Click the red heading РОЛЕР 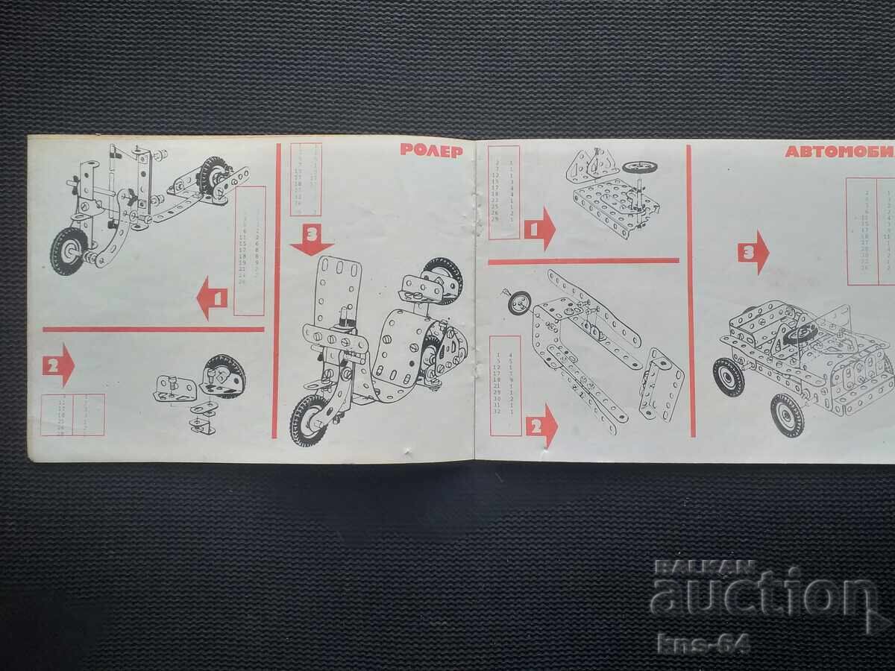(431, 149)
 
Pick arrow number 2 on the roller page (58, 365)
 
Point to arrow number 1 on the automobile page (539, 229)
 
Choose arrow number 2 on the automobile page (541, 426)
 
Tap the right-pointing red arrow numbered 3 (753, 252)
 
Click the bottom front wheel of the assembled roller (308, 420)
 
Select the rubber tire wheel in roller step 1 (69, 251)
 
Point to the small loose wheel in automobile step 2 (519, 302)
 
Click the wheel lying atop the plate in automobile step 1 (639, 166)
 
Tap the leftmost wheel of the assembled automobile (728, 377)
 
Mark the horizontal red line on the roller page (153, 329)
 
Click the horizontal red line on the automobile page (583, 261)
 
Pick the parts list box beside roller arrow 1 (249, 251)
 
